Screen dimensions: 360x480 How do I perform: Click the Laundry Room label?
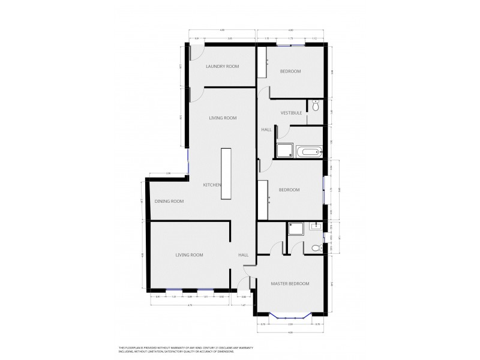pos(222,67)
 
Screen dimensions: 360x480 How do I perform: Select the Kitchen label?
pos(213,184)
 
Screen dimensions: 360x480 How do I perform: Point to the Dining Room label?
pos(169,201)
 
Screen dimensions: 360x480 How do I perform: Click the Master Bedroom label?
pos(290,283)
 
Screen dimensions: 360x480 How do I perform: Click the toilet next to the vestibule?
pos(315,106)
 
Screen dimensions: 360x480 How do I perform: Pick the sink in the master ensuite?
pos(316,227)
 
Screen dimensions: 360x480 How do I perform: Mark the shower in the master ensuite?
pos(296,229)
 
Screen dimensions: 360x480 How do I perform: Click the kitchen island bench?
pos(226,175)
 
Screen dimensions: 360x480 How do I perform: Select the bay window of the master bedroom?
pos(290,316)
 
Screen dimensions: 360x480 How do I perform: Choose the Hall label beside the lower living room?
pos(243,255)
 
